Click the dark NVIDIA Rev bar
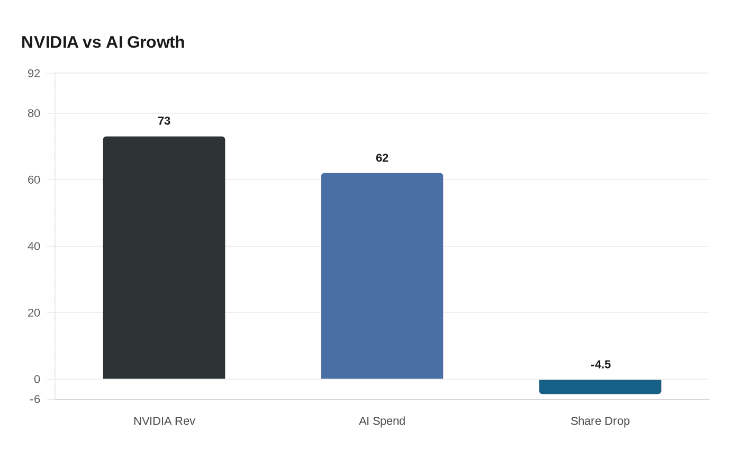coord(164,258)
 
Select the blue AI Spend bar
coord(382,276)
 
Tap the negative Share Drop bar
coord(600,387)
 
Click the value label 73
coord(164,121)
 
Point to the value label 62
coord(382,158)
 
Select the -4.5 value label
coord(601,365)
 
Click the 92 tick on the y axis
coord(34,74)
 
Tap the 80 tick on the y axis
coord(34,113)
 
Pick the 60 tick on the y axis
coord(34,180)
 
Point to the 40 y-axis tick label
coord(34,246)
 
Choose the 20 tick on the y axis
coord(34,313)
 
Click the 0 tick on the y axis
coord(37,379)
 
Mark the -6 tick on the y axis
coord(34,399)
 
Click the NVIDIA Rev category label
coord(164,422)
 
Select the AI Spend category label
coord(382,422)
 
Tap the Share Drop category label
coord(600,422)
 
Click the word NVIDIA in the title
coord(50,42)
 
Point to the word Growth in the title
coord(156,42)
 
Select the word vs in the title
coord(92,42)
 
